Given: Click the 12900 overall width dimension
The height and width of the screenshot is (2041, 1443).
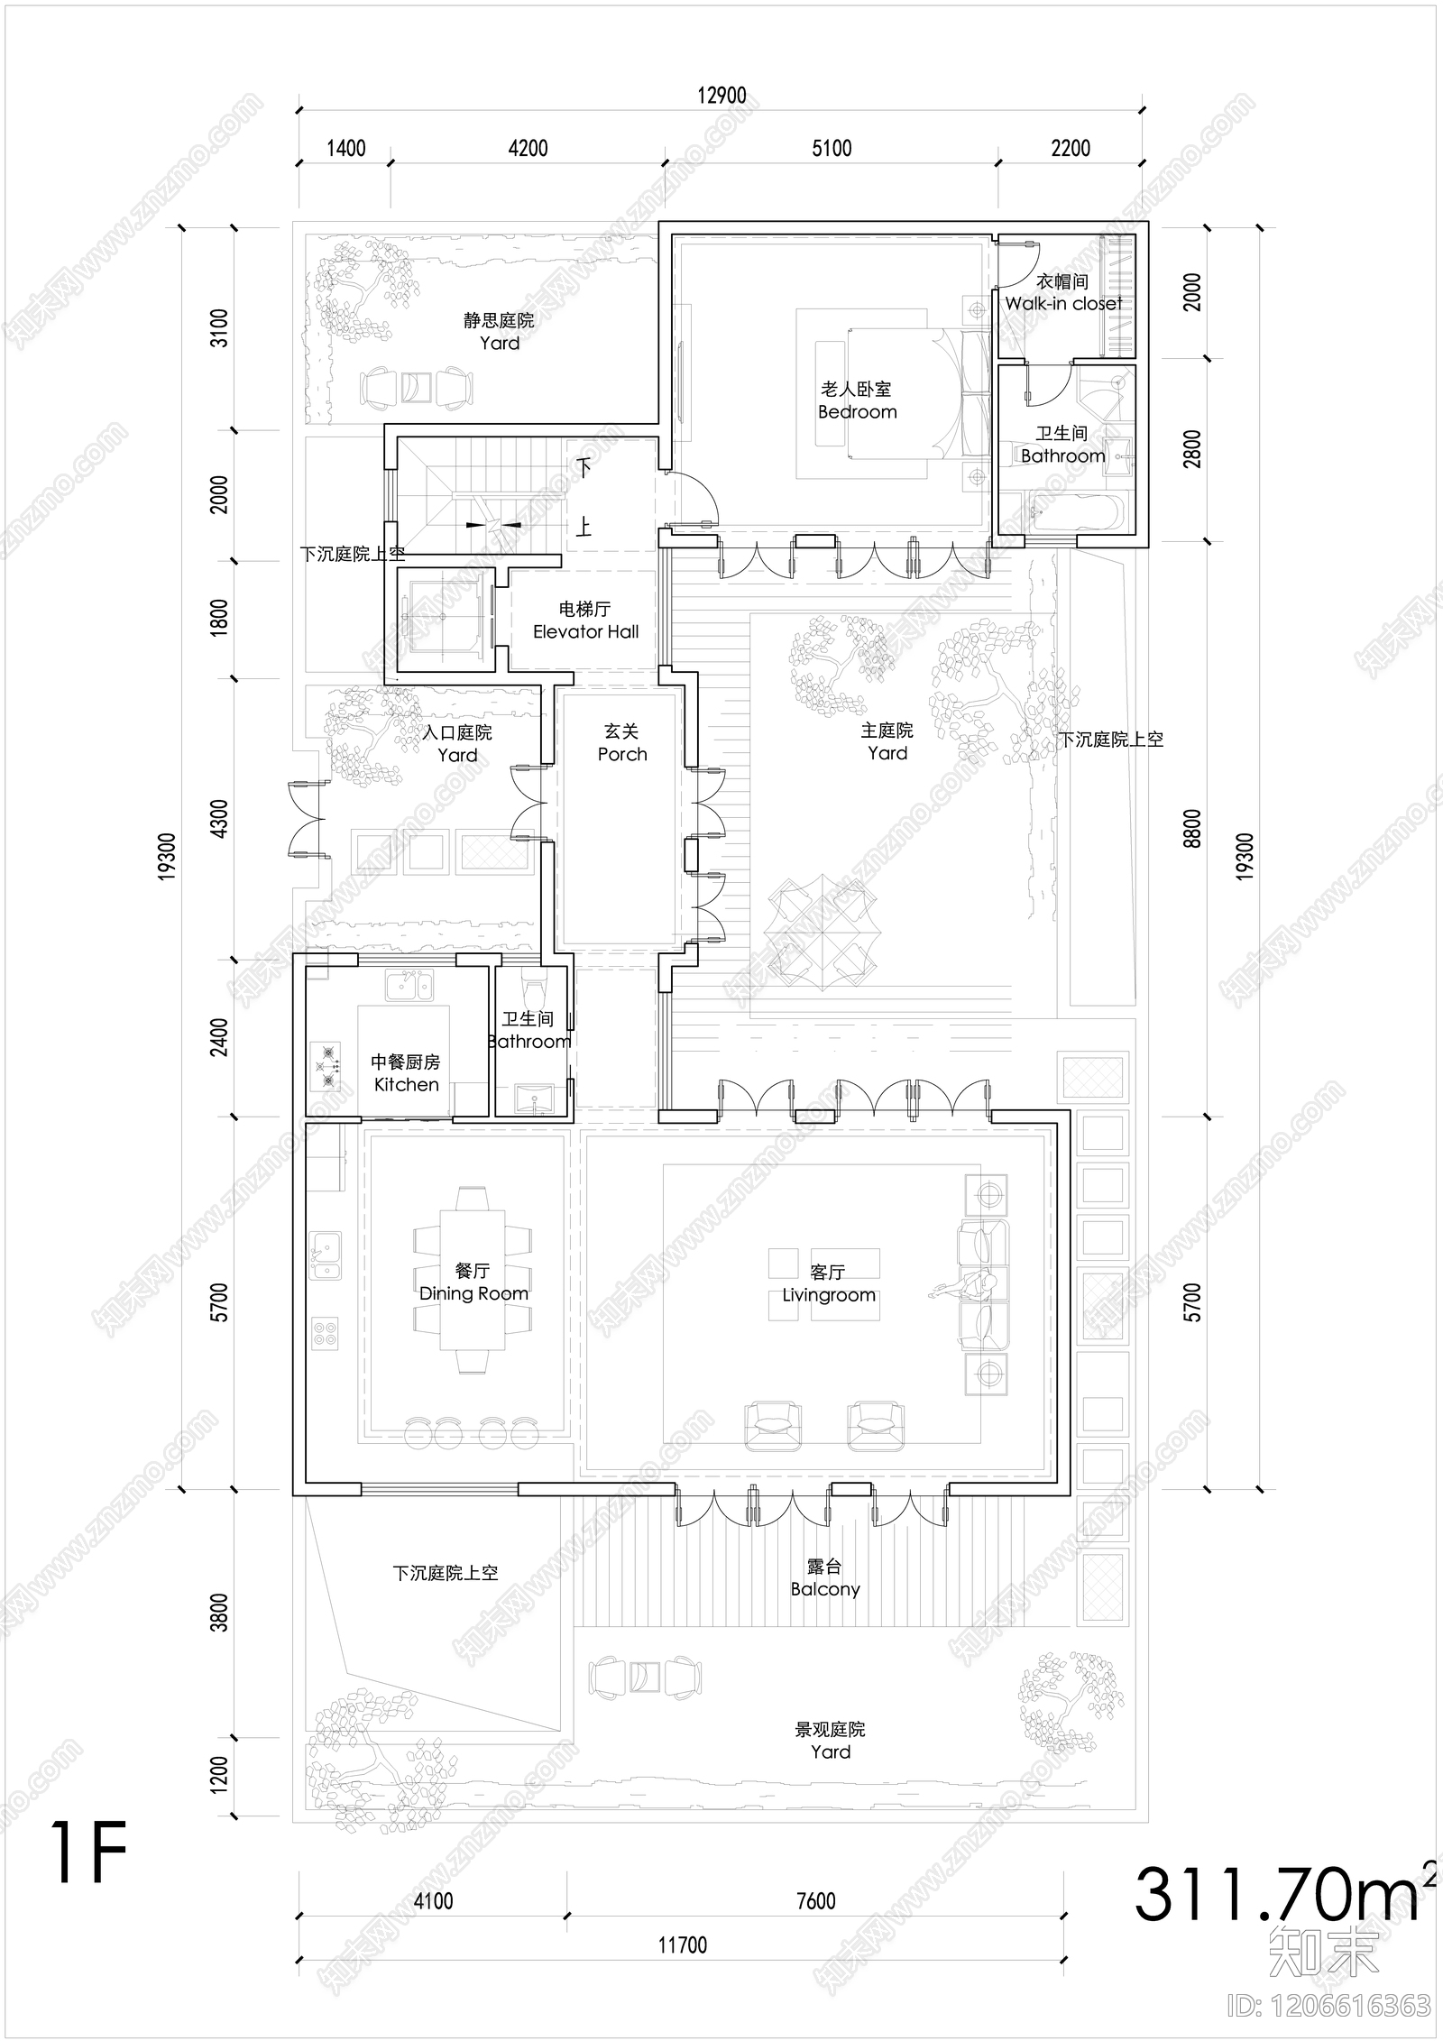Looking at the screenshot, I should [x=721, y=96].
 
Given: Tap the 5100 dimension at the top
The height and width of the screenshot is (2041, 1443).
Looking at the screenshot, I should [x=831, y=148].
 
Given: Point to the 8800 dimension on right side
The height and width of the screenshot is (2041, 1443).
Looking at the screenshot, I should [x=1192, y=828].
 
